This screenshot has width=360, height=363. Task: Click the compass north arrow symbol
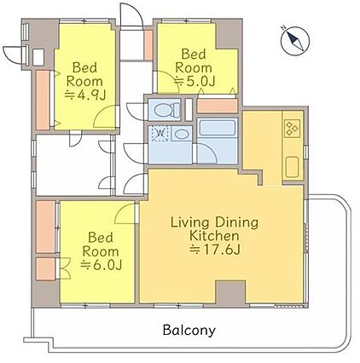295,42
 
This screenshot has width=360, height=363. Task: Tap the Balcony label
189,330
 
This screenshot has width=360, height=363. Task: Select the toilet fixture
167,110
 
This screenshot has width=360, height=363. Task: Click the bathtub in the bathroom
218,128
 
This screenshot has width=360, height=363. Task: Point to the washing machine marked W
160,133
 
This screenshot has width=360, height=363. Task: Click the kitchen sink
293,167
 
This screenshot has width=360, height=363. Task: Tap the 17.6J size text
215,250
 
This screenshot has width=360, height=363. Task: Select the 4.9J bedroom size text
85,95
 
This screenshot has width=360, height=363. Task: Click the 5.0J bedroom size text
195,81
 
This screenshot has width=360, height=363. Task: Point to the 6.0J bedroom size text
102,265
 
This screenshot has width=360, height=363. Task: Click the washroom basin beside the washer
181,134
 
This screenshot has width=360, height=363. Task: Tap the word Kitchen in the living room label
214,236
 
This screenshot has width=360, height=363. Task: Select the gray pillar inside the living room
230,291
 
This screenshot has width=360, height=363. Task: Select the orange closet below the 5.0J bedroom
217,106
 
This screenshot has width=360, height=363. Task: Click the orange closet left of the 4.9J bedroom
43,100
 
